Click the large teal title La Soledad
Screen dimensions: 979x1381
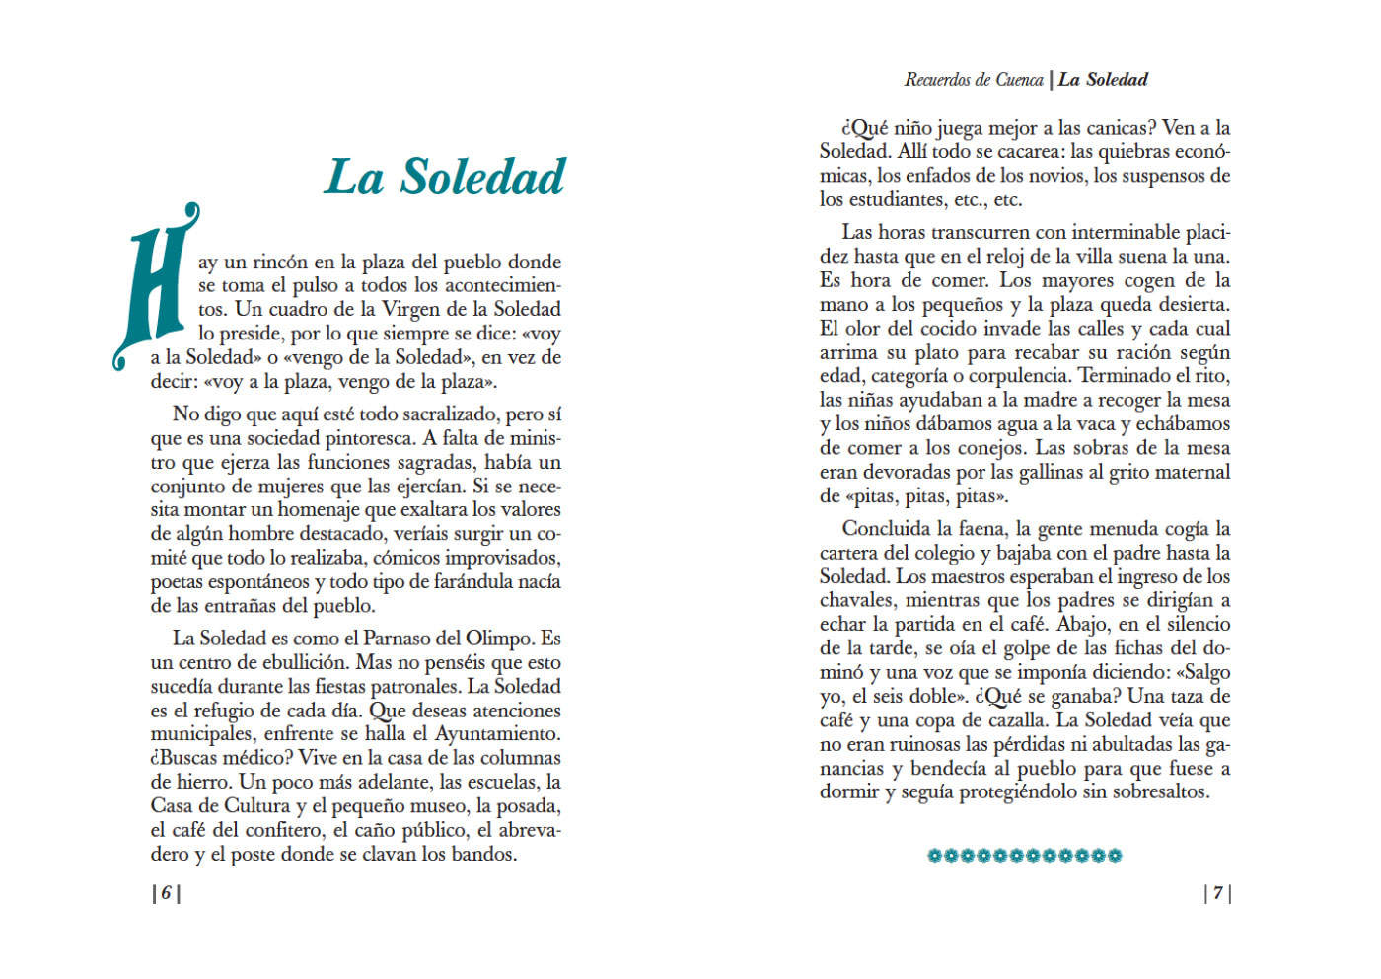point(445,178)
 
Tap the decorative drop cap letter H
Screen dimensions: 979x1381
point(155,286)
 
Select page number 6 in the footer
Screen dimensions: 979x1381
point(166,893)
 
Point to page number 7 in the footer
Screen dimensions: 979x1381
point(1217,893)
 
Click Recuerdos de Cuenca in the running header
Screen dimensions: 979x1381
point(973,80)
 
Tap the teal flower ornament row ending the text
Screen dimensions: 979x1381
point(1024,856)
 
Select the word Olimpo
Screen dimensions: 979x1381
point(499,639)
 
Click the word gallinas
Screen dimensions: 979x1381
point(1035,473)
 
